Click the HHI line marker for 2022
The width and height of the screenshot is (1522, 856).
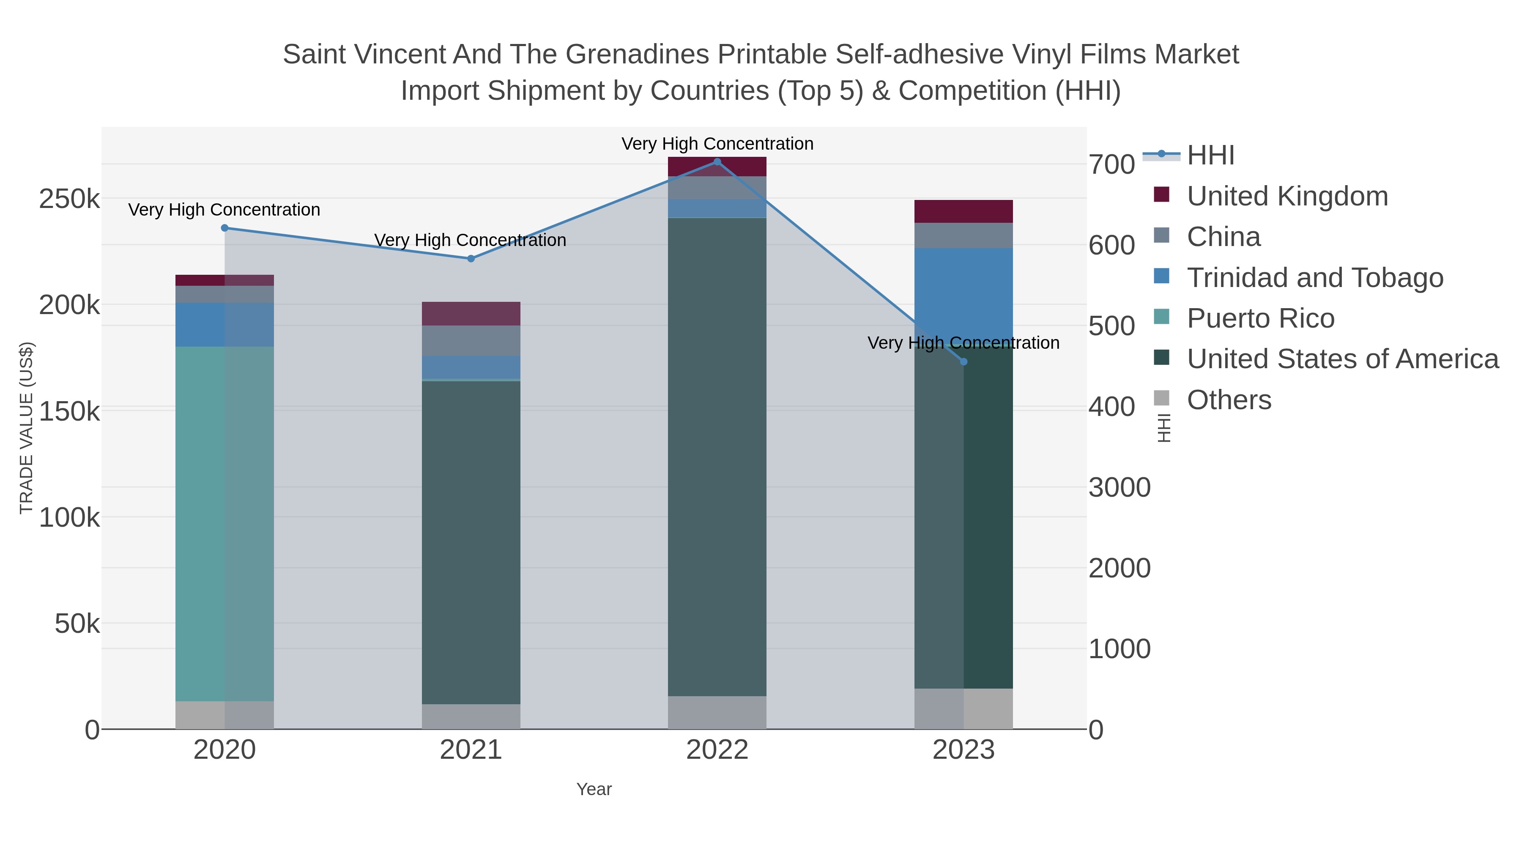coord(717,162)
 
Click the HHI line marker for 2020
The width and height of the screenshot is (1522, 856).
coord(224,228)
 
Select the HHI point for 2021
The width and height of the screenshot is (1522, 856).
coord(471,259)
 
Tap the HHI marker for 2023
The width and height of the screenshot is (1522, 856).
coord(964,361)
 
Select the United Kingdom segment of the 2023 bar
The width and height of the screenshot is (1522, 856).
coord(964,211)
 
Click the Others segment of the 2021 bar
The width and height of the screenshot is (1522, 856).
coord(471,716)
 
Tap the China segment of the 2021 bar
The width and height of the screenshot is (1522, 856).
coord(471,341)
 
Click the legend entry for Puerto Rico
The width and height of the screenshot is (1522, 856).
coord(1261,318)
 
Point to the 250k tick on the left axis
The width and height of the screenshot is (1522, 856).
coord(69,200)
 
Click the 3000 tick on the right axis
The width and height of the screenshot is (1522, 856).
coord(1119,488)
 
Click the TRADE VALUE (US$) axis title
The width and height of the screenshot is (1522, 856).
coord(27,428)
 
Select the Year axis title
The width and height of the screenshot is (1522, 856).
coord(594,789)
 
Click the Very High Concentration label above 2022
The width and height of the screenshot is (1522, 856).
coord(717,144)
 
